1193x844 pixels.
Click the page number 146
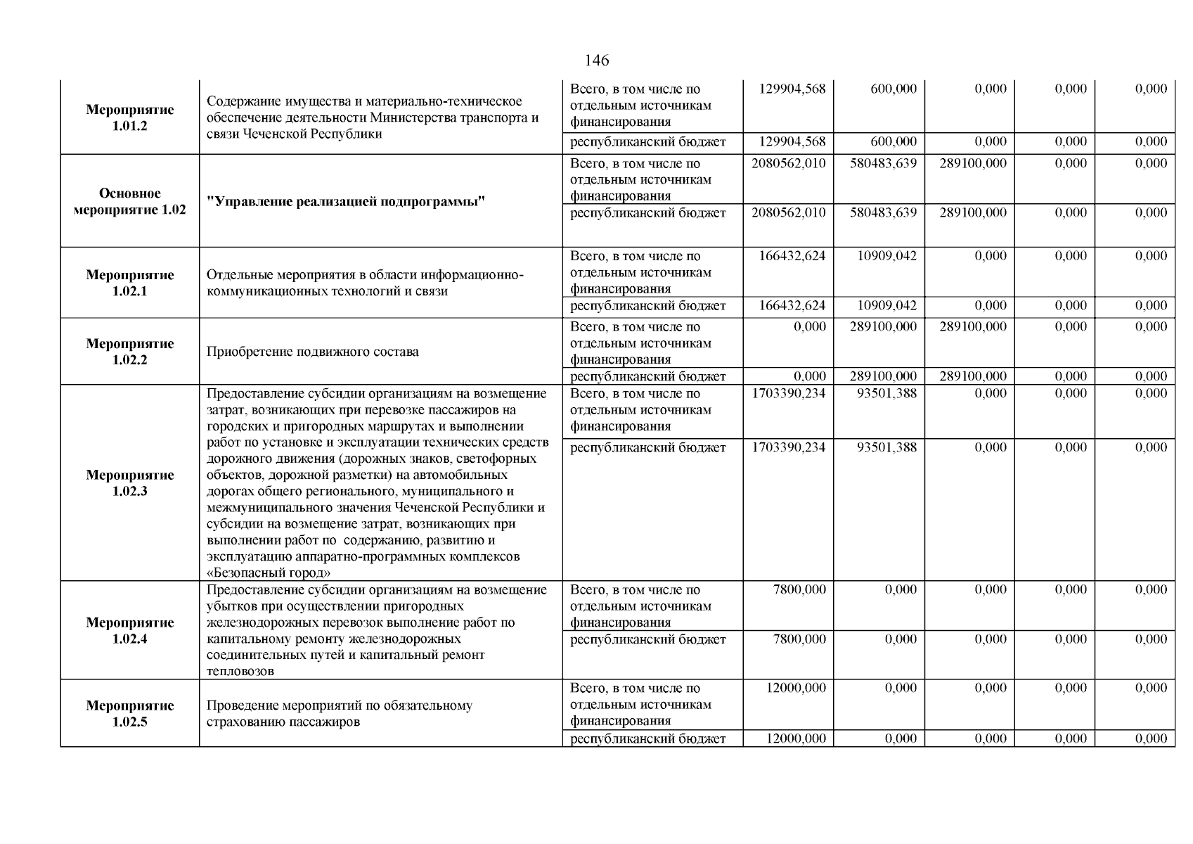[596, 60]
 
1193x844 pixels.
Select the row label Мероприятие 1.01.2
[129, 118]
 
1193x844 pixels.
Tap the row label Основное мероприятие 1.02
[129, 201]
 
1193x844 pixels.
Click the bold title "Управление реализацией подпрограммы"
[347, 203]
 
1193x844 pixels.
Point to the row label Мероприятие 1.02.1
[129, 283]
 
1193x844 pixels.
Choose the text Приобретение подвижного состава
[312, 352]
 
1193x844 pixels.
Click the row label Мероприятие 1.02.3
[129, 482]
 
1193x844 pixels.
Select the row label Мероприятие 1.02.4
[129, 630]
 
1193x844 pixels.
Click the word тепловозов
[240, 671]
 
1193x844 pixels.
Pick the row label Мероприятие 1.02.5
[129, 713]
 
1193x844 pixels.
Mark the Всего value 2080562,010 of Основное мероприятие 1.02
[788, 163]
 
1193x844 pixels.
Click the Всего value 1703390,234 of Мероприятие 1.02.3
[788, 393]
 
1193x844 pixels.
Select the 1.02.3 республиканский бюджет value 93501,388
[886, 447]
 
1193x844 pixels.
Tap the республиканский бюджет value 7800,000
[799, 639]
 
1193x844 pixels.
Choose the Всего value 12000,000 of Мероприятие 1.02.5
[796, 688]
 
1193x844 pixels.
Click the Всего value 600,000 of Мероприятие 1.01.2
[894, 89]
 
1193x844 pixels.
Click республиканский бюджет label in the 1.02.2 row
[647, 376]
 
